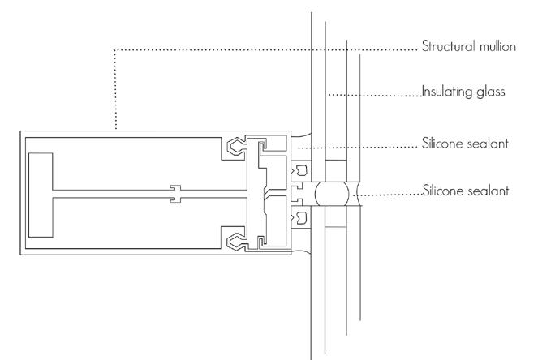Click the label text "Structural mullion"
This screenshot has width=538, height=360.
click(468, 47)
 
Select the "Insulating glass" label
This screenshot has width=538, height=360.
click(463, 92)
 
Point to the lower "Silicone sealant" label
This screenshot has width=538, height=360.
click(466, 192)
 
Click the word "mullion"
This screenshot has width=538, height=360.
click(496, 47)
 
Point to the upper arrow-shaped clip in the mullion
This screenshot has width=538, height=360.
click(240, 147)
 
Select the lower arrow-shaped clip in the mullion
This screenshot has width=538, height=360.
click(240, 241)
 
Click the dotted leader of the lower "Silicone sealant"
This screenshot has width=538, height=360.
click(390, 195)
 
